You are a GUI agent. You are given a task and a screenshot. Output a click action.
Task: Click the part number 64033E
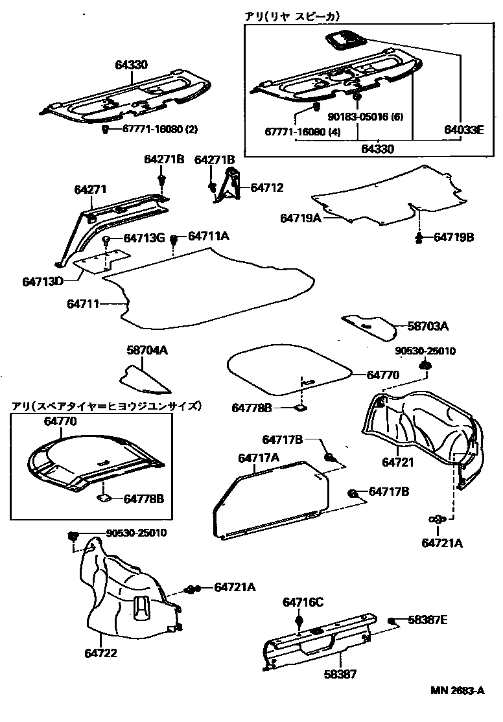pos(464,129)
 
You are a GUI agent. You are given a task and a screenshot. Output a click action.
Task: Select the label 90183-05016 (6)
pos(366,117)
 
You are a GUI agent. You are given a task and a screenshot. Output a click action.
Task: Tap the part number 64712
pos(267,189)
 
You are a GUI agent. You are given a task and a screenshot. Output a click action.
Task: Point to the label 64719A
pos(301,219)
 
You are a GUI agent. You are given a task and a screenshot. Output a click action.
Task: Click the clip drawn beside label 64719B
pos(420,237)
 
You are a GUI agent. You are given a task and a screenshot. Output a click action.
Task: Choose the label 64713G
pos(143,239)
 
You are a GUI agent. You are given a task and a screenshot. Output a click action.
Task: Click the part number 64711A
pos(209,237)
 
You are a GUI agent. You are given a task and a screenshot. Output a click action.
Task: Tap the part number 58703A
pos(428,325)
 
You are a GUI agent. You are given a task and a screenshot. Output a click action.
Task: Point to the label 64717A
pos(259,458)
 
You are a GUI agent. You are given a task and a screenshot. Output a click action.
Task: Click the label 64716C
pos(302,602)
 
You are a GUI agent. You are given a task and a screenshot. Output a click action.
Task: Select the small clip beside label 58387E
pos(392,622)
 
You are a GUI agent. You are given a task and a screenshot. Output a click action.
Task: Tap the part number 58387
pos(340,675)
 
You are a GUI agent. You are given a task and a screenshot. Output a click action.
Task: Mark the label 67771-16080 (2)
pos(159,130)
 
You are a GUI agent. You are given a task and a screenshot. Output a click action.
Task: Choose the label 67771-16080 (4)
pos(303,132)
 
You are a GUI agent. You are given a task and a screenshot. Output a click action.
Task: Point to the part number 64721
pos(397,462)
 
